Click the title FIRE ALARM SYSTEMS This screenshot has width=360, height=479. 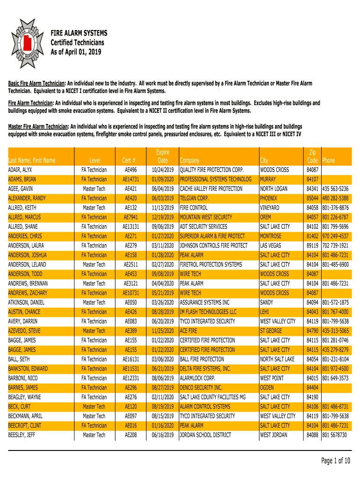click(79, 33)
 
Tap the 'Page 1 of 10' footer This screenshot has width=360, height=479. click(336, 461)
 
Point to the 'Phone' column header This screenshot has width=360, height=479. click(329, 160)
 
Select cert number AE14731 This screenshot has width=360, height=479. click(130, 180)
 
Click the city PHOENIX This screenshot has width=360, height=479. click(268, 198)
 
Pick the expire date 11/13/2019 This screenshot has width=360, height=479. click(162, 208)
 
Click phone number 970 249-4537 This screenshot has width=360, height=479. click(335, 236)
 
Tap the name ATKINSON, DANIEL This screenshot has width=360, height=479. click(26, 303)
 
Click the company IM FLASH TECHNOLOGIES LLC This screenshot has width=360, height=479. click(208, 312)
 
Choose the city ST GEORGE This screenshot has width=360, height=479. click(271, 331)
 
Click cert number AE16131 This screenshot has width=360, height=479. click(130, 359)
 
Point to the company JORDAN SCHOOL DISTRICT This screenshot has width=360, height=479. click(205, 435)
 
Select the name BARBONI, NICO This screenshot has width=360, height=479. click(23, 378)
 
